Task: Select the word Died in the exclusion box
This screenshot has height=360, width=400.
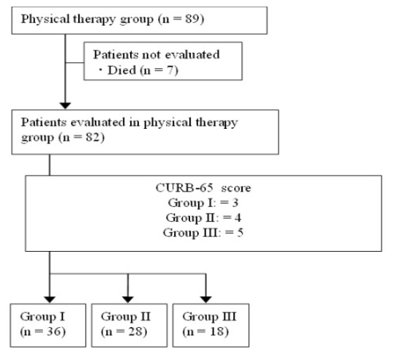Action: pyautogui.click(x=121, y=70)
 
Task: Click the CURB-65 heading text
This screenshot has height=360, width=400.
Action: pyautogui.click(x=184, y=188)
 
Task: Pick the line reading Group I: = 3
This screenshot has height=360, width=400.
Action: pyautogui.click(x=203, y=203)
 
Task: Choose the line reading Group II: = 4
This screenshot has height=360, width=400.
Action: pyautogui.click(x=203, y=217)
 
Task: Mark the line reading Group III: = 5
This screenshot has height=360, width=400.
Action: pyautogui.click(x=203, y=233)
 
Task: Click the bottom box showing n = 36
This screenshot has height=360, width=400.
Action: pyautogui.click(x=48, y=325)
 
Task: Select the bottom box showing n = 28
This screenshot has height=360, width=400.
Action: pyautogui.click(x=129, y=325)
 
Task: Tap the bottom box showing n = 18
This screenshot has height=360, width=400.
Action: pyautogui.click(x=211, y=325)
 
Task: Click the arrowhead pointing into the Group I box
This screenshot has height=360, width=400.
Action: pyautogui.click(x=50, y=300)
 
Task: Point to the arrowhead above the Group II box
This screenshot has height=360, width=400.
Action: pyautogui.click(x=128, y=300)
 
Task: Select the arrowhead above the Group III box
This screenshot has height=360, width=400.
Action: pyautogui.click(x=206, y=300)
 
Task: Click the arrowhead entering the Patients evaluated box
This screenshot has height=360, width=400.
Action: pyautogui.click(x=65, y=105)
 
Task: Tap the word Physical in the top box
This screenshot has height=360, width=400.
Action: pyautogui.click(x=45, y=19)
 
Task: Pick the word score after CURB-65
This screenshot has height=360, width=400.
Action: pyautogui.click(x=236, y=188)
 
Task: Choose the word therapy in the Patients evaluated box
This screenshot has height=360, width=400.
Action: pyautogui.click(x=217, y=122)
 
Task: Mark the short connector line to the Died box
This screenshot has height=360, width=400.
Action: pyautogui.click(x=75, y=62)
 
